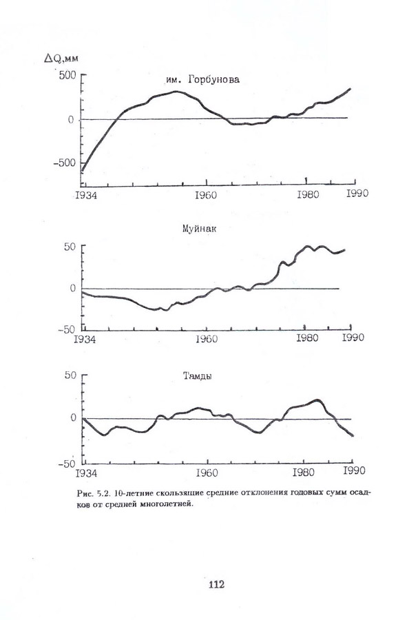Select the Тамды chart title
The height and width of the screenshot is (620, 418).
(x=196, y=377)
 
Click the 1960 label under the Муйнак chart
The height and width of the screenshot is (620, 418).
(x=207, y=339)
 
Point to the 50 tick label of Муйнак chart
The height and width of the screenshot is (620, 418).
(x=69, y=247)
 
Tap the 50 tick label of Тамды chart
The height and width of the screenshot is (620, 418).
(x=69, y=375)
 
